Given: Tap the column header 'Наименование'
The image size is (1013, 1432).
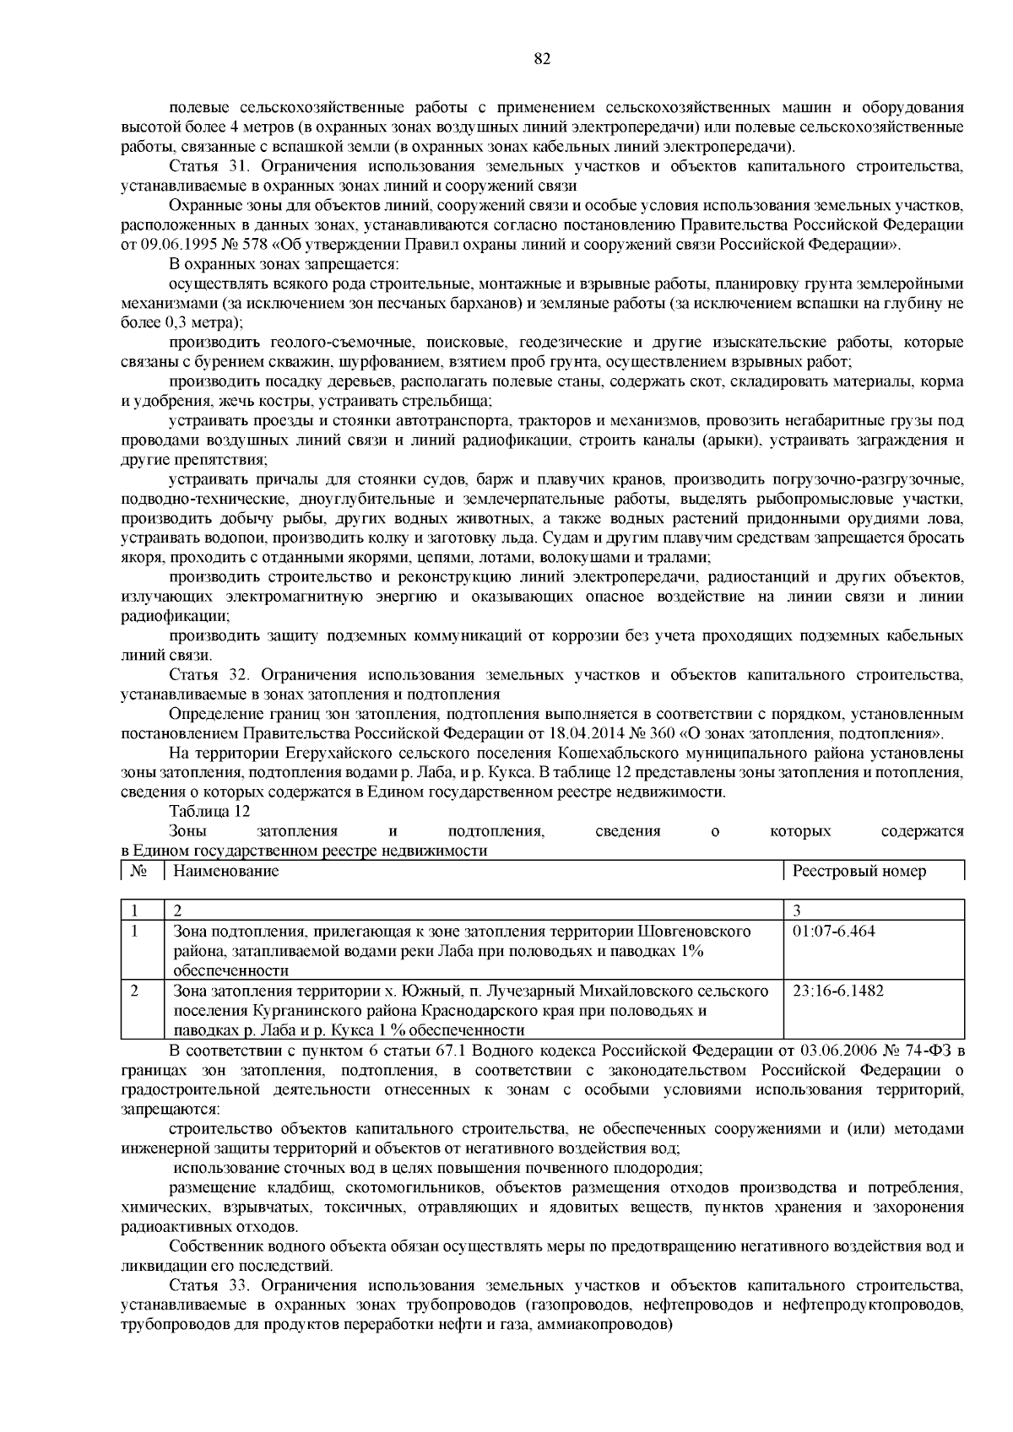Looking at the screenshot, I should (225, 871).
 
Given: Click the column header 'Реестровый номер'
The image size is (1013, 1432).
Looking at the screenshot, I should (859, 871).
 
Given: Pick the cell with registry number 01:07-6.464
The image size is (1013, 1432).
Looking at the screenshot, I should (834, 932).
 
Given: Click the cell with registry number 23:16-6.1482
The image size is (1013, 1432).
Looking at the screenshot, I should (838, 991).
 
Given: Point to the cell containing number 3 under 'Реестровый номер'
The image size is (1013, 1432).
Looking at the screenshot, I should (798, 911).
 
